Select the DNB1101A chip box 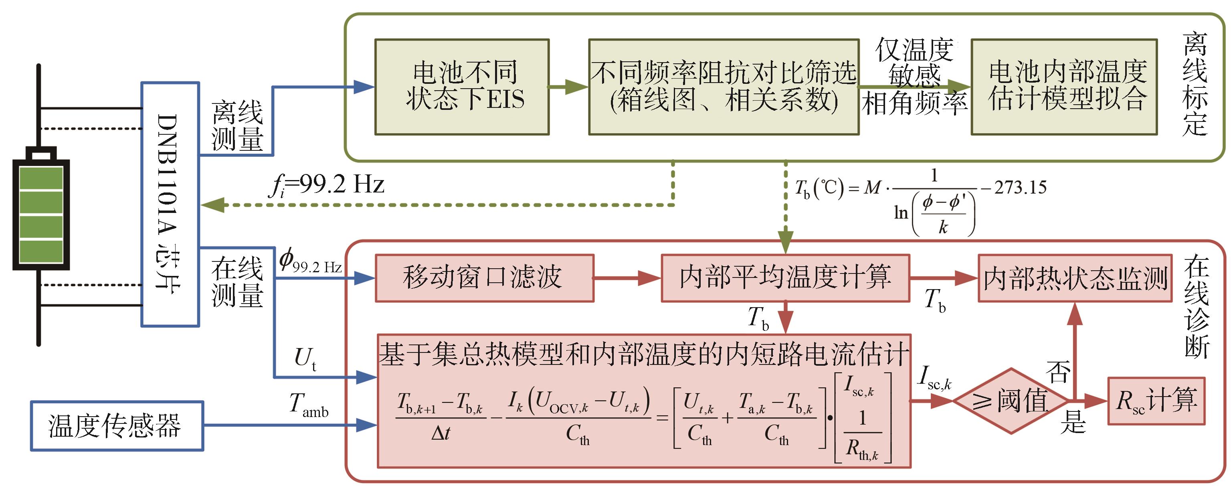pos(170,204)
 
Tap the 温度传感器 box pos(117,426)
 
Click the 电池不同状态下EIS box pos(462,87)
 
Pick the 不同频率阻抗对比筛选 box pos(724,87)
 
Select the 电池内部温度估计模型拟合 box pos(1064,87)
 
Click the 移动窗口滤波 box pos(484,277)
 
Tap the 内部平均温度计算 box pos(785,277)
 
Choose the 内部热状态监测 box pos(1075,277)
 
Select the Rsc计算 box pos(1156,401)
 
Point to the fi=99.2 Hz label pos(327,185)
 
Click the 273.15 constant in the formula pos(1020,187)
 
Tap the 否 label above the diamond pos(1058,371)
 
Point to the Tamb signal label pos(309,404)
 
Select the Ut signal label pos(305,358)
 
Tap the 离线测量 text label pos(237,126)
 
